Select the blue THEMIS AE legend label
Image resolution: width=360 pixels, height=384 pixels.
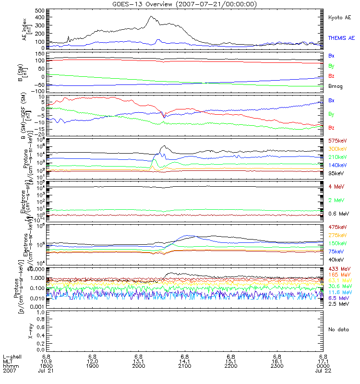coord(341,37)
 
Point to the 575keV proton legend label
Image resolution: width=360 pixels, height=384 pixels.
coord(337,141)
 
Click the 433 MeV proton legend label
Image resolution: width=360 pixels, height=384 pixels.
coord(338,268)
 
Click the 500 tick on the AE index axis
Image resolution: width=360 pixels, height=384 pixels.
coord(39,10)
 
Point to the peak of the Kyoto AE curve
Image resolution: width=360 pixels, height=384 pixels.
coord(150,17)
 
